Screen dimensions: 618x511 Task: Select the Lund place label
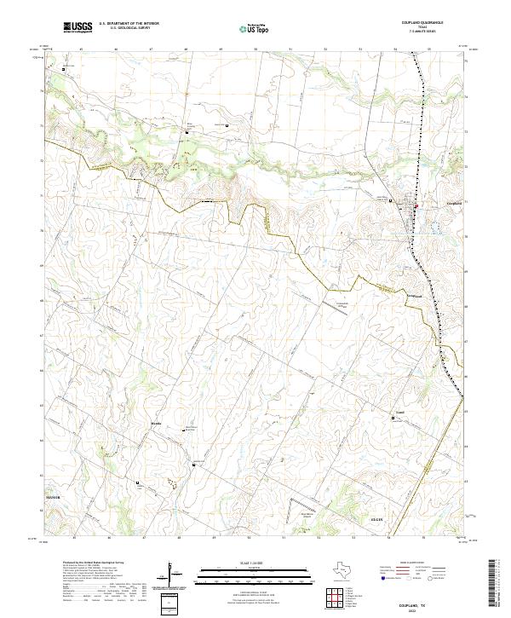tap(399, 411)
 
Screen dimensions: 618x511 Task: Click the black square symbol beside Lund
tap(393, 418)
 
